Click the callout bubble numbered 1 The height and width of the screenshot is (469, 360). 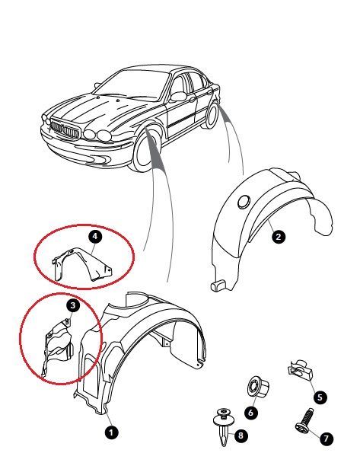[x=112, y=432]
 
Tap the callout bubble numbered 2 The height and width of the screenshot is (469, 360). [x=279, y=237]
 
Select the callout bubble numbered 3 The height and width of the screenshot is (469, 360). [x=73, y=306]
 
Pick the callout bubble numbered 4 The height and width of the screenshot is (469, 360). [x=95, y=237]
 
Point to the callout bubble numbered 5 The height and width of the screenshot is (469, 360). [x=320, y=397]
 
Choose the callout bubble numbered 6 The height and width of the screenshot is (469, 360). [x=250, y=413]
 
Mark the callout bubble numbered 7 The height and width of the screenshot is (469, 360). [x=327, y=439]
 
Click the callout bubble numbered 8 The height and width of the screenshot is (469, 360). [x=241, y=435]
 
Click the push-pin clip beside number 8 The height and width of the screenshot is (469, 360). [x=223, y=427]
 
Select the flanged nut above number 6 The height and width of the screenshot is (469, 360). [x=258, y=385]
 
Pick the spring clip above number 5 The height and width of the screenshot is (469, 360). [x=300, y=370]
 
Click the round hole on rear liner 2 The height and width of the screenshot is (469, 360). [x=244, y=203]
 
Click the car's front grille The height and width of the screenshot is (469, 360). [x=65, y=129]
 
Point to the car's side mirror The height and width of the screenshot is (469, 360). [x=179, y=96]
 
